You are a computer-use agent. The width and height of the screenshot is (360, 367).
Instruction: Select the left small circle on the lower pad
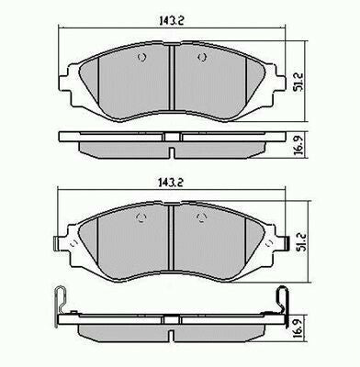(141, 217)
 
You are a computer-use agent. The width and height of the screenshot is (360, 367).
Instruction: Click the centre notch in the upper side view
(173, 139)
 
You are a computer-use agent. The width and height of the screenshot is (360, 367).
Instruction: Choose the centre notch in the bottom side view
(173, 318)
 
